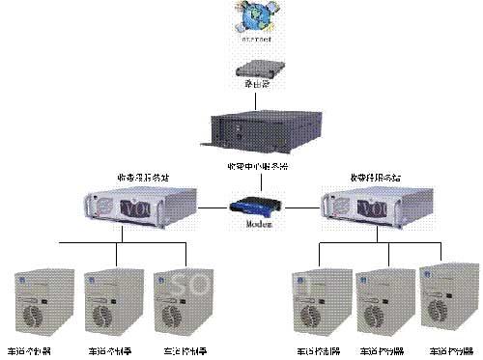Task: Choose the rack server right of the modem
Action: click(358, 206)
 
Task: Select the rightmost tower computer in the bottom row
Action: click(446, 298)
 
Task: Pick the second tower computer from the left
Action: click(106, 300)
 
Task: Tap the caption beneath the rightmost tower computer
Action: click(446, 352)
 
